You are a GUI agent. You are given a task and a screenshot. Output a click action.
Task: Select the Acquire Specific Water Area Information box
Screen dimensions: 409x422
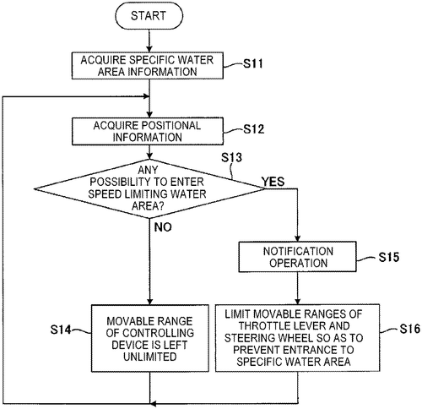coord(148,66)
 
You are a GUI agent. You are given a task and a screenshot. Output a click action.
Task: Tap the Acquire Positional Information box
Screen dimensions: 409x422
coord(148,131)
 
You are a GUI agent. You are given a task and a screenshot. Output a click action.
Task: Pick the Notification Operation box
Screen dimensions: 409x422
coord(298,257)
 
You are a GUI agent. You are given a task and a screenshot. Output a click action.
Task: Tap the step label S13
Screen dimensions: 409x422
coord(231,157)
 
